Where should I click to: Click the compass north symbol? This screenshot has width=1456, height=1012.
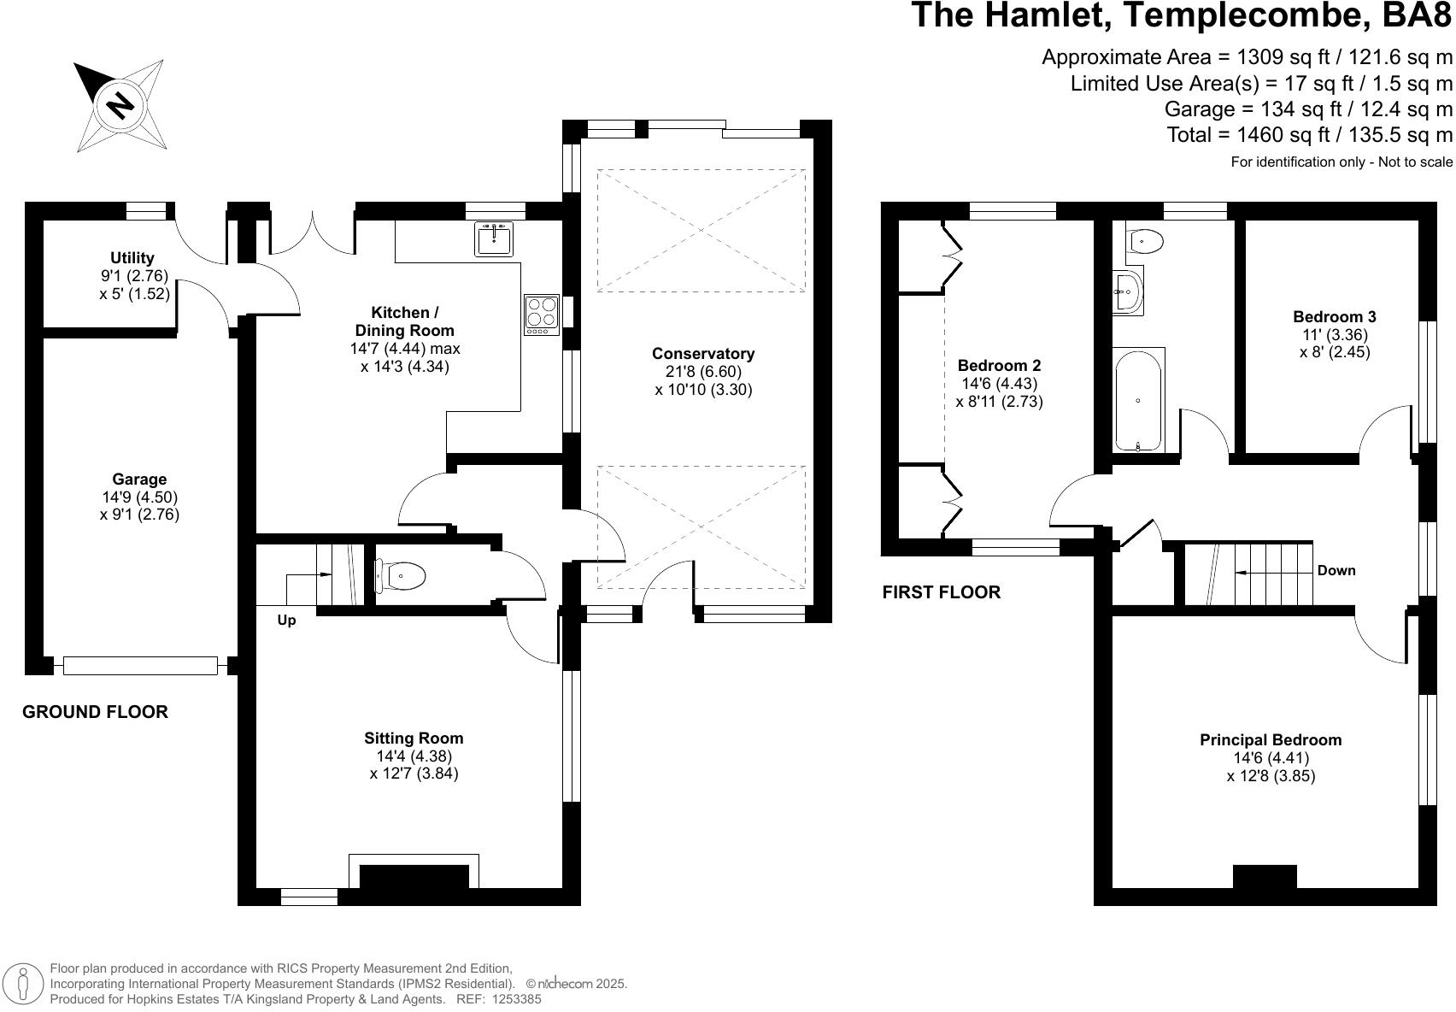click(x=120, y=105)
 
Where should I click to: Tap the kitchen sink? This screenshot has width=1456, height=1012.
click(x=493, y=238)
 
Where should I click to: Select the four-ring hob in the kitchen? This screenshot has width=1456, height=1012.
click(x=542, y=315)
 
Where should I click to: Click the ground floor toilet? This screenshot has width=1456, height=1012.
click(x=400, y=575)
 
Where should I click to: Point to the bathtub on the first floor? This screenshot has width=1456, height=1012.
click(x=1138, y=401)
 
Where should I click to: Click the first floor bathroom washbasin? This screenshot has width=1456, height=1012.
click(x=1127, y=291)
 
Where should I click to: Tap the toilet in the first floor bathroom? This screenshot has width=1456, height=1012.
click(x=1143, y=241)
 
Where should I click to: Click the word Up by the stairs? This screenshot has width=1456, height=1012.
click(x=286, y=621)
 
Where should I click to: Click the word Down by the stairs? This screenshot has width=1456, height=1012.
click(x=1336, y=570)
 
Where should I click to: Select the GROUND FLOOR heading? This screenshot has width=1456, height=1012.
click(x=95, y=711)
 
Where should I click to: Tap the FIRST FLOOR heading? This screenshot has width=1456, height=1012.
click(x=942, y=591)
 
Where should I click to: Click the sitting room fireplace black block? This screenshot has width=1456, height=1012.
click(x=414, y=876)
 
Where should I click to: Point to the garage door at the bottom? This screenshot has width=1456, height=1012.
click(x=140, y=666)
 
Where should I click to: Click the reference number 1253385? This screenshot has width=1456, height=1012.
click(x=517, y=999)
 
